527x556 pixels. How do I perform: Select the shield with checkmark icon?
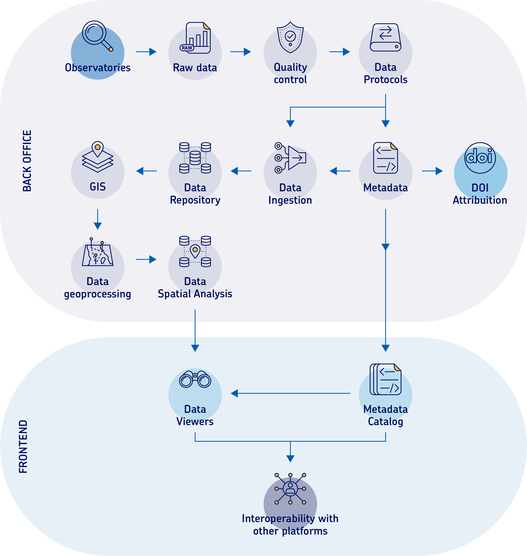click(290, 39)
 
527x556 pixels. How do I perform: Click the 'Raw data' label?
click(195, 68)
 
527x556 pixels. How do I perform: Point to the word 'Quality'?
click(290, 67)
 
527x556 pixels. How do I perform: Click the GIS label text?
click(98, 187)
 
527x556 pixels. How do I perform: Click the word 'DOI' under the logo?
click(480, 188)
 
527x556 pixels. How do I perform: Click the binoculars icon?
click(195, 379)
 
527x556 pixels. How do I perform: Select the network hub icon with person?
click(290, 489)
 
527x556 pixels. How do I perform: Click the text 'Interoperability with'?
click(290, 518)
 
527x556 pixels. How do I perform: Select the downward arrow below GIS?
click(98, 219)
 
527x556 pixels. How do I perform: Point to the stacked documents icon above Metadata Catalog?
click(385, 380)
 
